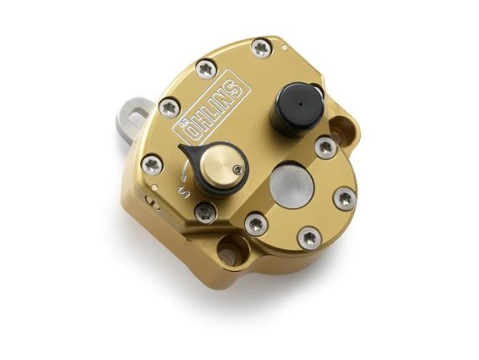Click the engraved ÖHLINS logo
pos(212,109)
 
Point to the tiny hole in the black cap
pos(301,105)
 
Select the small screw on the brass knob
pos(236,168)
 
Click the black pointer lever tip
pos(181,148)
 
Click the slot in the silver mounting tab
pos(138,117)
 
